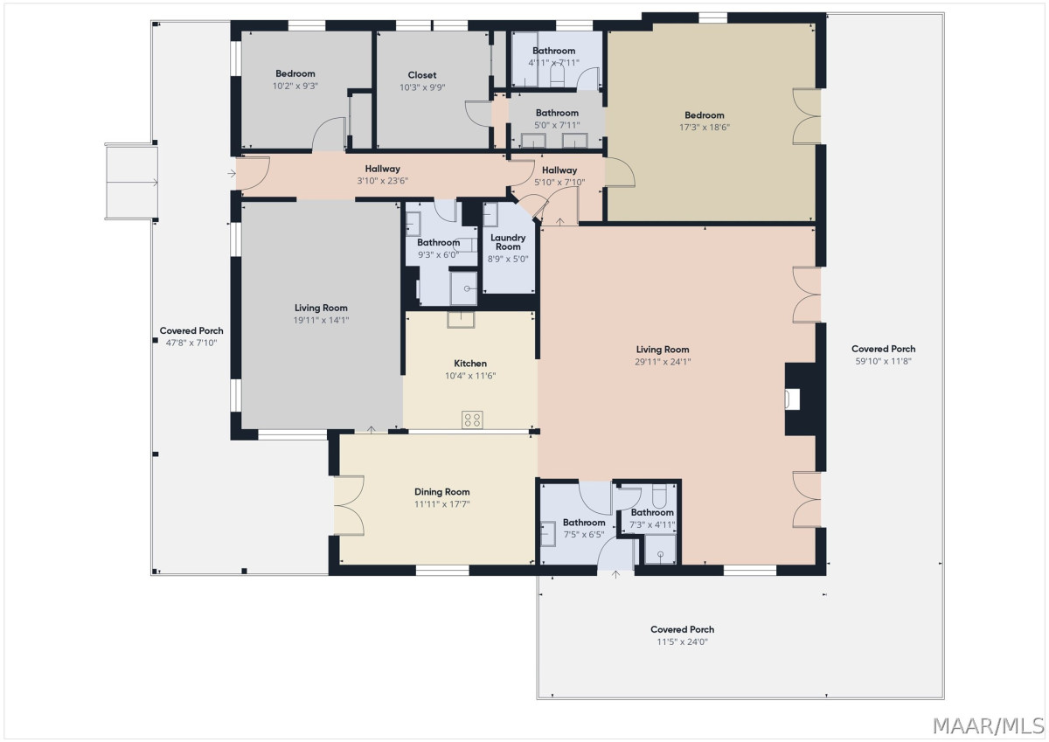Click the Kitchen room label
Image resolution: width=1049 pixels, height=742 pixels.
tap(470, 364)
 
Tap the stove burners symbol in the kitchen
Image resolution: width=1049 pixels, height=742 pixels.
tap(472, 420)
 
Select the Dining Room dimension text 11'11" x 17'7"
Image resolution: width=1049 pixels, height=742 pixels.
tap(441, 504)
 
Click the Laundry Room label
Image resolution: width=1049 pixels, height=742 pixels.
tap(508, 242)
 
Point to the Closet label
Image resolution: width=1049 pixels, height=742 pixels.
tap(422, 75)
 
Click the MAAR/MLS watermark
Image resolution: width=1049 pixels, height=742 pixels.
tap(989, 726)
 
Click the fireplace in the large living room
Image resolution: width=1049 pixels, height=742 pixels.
tap(801, 399)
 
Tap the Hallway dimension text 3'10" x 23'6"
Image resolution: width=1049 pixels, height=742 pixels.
tap(383, 181)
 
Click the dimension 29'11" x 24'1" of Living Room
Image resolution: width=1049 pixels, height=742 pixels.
tap(663, 362)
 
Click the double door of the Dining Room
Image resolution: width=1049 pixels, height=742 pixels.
tap(349, 505)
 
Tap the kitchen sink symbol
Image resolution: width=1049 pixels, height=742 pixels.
tap(461, 319)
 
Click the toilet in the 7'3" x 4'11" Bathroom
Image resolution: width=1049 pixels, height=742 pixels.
tap(659, 496)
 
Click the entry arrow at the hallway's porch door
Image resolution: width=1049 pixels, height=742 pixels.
tap(232, 174)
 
